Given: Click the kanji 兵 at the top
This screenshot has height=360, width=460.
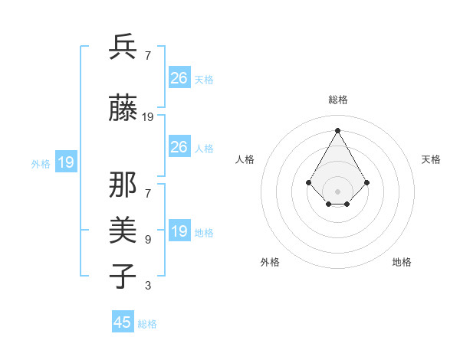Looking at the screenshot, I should coord(123,47).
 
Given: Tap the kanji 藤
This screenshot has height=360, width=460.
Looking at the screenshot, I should coord(123,110).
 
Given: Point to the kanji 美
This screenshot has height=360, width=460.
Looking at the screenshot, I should coord(123,228).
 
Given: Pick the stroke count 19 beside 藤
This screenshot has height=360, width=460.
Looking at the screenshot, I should coord(148,117).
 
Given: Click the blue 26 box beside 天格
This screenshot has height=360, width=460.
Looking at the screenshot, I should coord(179,77).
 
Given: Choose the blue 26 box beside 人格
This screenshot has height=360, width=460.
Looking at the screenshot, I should coord(179,147).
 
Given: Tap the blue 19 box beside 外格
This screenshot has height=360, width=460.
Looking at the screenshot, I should coord(66,162).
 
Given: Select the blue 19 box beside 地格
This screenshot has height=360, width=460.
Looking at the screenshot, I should coord(179,231).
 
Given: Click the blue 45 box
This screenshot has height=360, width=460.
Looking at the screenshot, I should coord(123,322).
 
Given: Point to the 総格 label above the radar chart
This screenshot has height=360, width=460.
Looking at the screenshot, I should coord(337,100).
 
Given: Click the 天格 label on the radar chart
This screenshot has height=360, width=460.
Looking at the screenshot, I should coord(431,159).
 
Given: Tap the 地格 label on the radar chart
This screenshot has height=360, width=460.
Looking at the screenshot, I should coord(402,262).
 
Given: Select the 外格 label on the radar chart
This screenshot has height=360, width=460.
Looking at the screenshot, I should coord(270,262).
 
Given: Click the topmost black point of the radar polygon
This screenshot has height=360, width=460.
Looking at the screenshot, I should coord(337,130).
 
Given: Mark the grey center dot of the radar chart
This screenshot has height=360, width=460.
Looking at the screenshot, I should coord(337,191).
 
